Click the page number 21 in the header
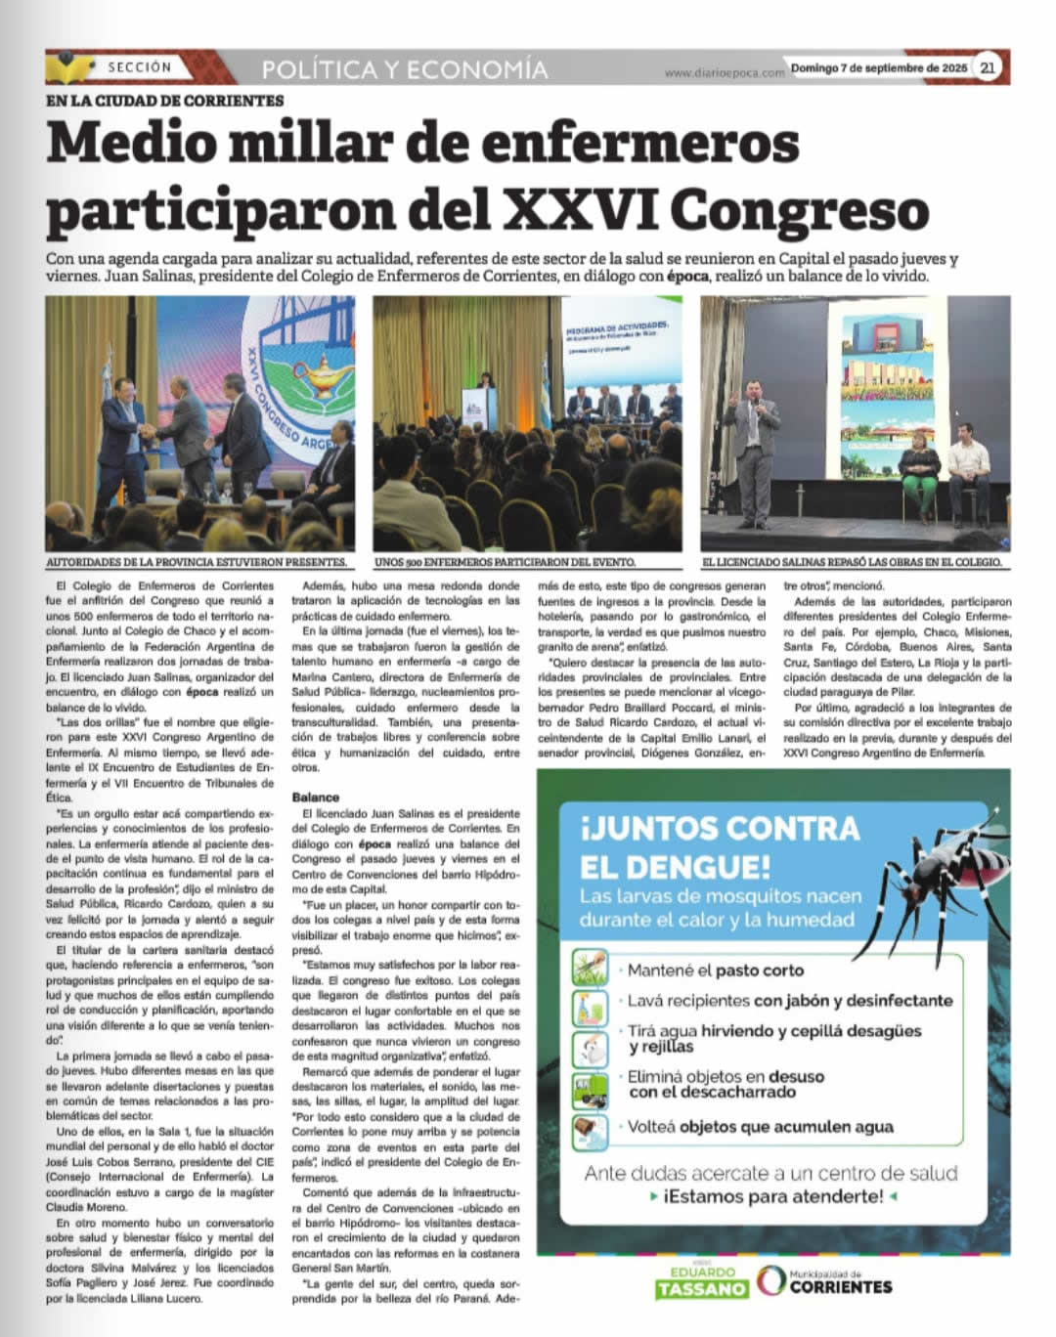(989, 67)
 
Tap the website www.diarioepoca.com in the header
(725, 72)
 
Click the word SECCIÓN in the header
(139, 67)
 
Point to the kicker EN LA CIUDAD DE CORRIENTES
(164, 101)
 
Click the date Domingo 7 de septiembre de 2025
(878, 68)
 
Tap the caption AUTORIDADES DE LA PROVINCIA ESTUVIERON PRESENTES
(197, 563)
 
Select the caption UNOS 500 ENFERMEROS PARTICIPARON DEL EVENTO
(505, 563)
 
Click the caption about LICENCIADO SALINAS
(851, 563)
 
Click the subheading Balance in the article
(315, 798)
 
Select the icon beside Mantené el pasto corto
(590, 968)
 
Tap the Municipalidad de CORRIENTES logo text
(840, 1281)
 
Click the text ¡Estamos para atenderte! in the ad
(772, 1196)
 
